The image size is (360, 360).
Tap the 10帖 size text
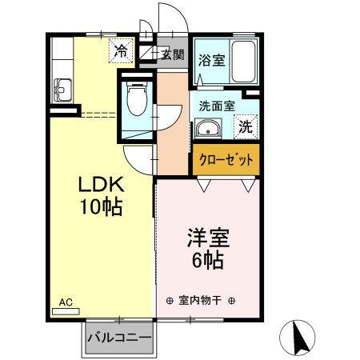[x=100, y=206]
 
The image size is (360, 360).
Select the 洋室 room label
[x=210, y=238]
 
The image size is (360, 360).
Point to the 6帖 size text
[x=210, y=260]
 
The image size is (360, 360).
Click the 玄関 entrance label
[x=172, y=54]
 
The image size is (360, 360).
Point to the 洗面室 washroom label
[x=216, y=105]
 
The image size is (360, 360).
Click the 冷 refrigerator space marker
[x=120, y=50]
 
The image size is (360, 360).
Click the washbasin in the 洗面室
[x=208, y=127]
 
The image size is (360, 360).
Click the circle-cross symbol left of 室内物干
[x=169, y=302]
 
